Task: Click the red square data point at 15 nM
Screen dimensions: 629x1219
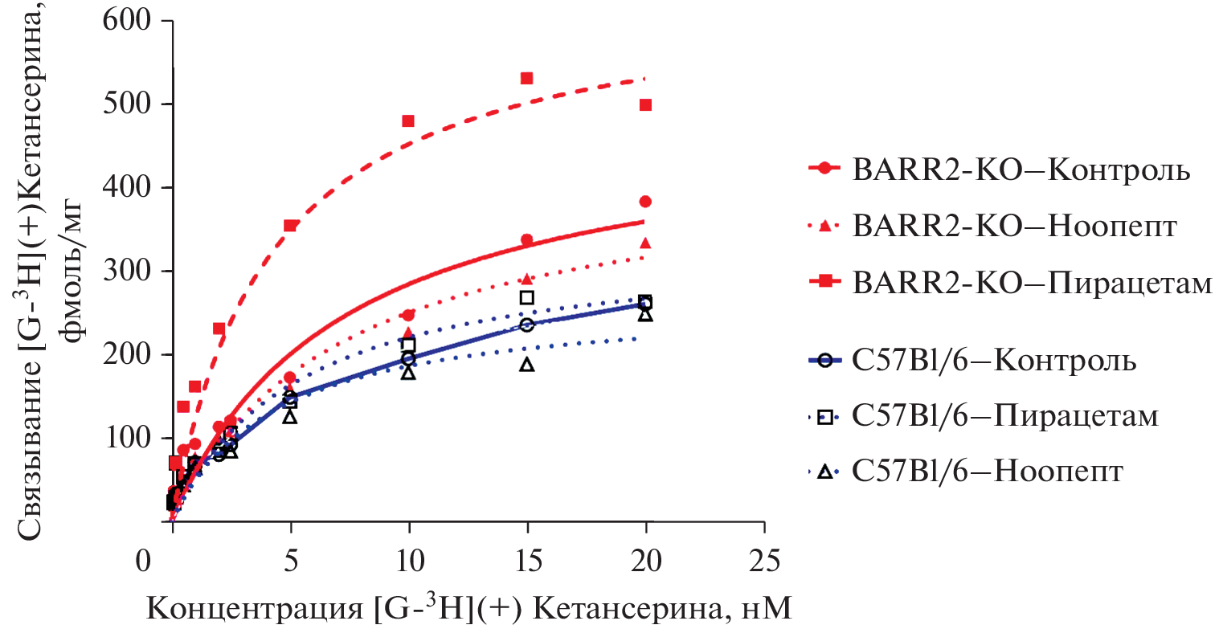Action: [x=527, y=78]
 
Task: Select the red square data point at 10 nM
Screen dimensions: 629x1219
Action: [x=408, y=120]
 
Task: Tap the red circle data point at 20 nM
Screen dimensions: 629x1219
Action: [x=645, y=201]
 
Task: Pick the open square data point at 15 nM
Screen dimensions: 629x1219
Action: [x=527, y=297]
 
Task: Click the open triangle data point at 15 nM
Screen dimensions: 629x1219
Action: [x=527, y=364]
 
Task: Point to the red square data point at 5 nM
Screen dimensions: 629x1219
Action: [x=290, y=226]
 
